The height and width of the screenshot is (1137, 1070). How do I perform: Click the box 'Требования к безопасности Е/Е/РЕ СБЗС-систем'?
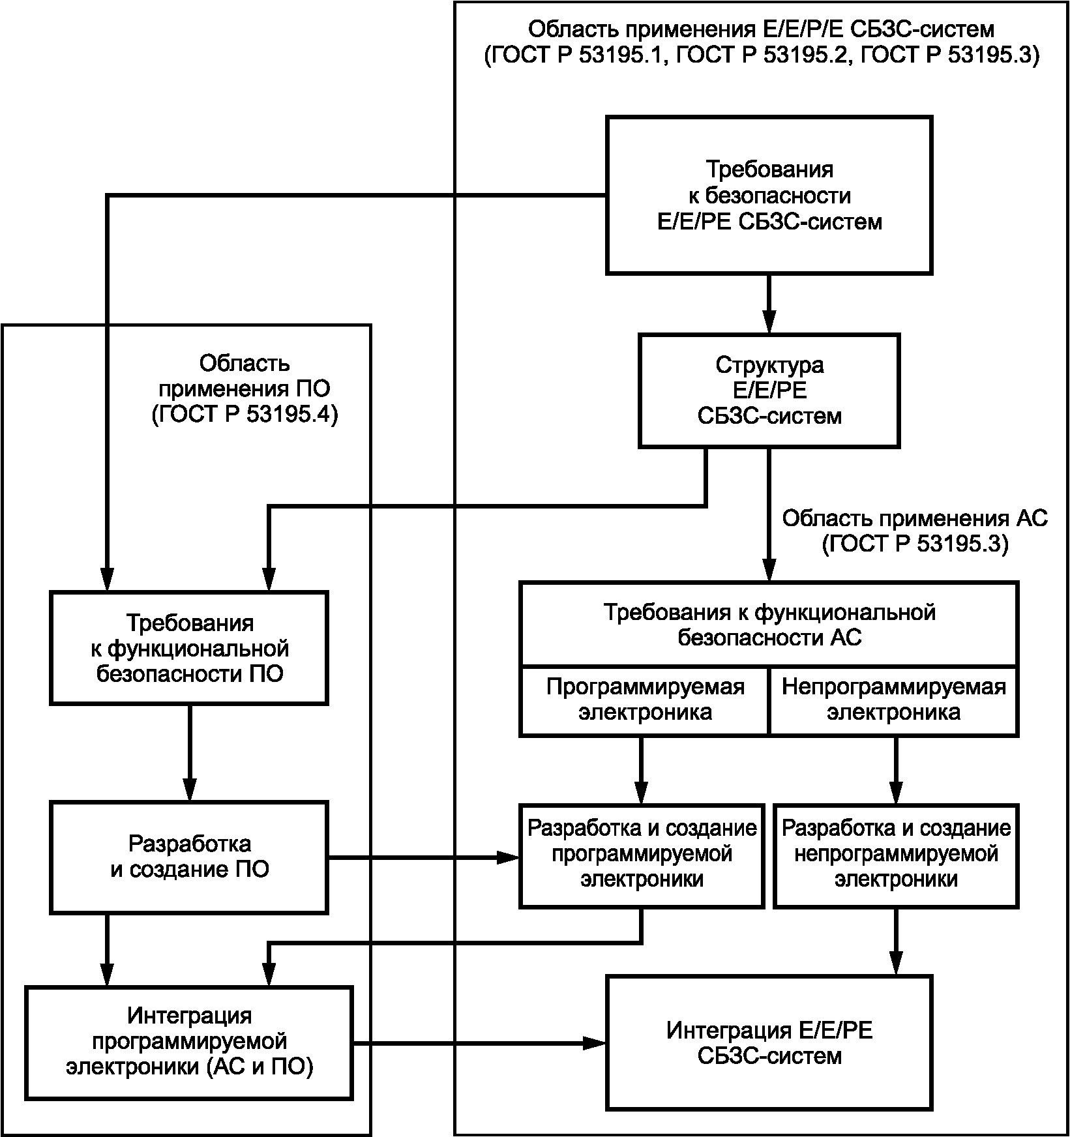coord(769,195)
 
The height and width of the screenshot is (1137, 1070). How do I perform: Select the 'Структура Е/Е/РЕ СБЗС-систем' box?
coord(769,391)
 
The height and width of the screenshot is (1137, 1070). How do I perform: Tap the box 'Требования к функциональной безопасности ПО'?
coord(189,648)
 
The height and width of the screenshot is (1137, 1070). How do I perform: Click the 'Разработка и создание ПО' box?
coord(189,857)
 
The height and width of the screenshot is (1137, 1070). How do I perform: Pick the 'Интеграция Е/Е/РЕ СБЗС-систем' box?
coord(769,1042)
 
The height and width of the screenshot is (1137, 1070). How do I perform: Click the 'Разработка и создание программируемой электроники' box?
coord(642,855)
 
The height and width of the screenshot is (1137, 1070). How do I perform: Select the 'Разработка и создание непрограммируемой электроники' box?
coord(896,855)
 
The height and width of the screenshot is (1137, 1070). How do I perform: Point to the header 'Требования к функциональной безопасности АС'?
coord(769,625)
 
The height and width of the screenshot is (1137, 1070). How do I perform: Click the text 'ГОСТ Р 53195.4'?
coord(245,415)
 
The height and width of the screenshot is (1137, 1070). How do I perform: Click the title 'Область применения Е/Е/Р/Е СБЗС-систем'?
coord(762,29)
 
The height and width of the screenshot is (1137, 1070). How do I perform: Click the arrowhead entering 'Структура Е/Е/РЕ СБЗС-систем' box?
coord(769,321)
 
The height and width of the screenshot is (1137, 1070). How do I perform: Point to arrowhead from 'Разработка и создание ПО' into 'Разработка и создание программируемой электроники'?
coord(507,857)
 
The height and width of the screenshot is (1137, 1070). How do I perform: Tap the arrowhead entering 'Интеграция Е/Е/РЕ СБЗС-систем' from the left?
coord(593,1044)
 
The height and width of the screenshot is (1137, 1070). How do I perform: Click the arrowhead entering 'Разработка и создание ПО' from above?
coord(189,789)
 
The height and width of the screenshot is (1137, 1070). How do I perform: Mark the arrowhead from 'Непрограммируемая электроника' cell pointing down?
coord(896,791)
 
